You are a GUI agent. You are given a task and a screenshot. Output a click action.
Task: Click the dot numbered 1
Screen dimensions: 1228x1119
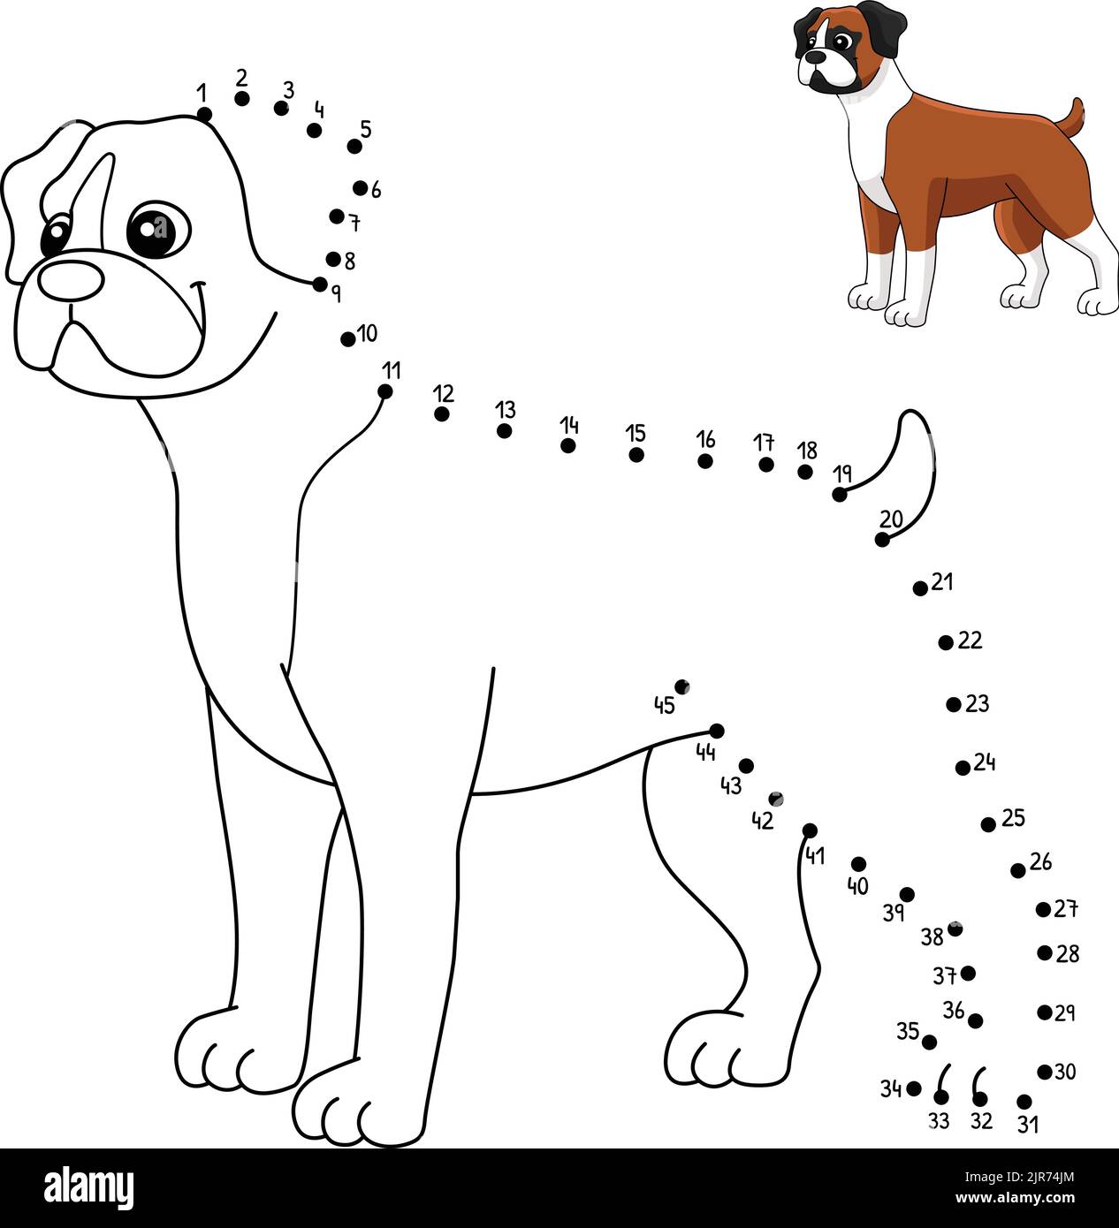click(204, 114)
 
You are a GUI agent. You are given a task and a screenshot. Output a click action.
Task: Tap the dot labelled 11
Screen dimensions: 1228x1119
click(385, 391)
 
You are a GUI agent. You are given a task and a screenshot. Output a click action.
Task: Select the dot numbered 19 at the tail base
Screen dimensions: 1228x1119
click(840, 495)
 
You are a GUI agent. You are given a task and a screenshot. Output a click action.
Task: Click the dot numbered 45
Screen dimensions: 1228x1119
click(681, 686)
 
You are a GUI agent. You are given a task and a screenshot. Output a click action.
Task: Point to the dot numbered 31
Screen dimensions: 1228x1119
click(1024, 1102)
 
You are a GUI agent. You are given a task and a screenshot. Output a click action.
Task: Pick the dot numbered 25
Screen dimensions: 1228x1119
click(988, 824)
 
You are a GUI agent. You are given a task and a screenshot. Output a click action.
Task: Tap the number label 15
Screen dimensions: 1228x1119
click(636, 434)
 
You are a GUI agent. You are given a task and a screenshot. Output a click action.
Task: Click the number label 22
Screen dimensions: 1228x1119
click(971, 641)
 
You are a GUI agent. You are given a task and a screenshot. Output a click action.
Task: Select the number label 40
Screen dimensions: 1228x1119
click(857, 886)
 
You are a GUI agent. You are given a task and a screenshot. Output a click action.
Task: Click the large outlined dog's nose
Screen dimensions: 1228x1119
click(71, 279)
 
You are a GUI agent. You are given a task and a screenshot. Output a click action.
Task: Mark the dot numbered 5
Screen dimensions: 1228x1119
click(354, 147)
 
